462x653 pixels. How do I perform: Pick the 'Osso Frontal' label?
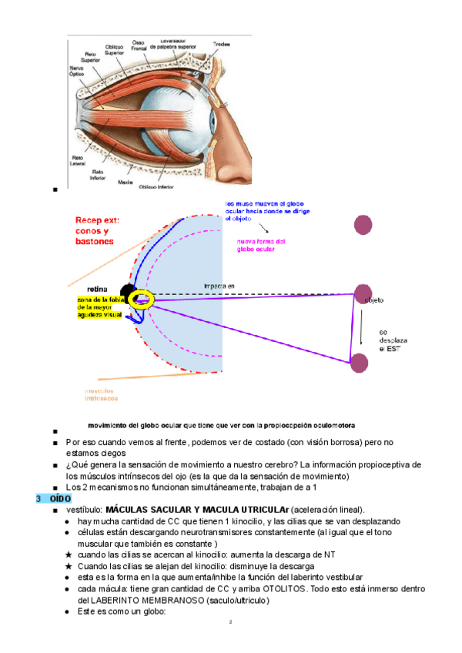[x=139, y=45]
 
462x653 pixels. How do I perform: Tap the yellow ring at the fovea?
[x=142, y=299]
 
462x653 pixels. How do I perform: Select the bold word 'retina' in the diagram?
[x=98, y=290]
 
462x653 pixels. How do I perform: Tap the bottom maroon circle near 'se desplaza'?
[x=359, y=362]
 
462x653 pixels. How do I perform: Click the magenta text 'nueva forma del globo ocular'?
[x=263, y=245]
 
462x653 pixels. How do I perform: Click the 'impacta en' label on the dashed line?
[x=219, y=286]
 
